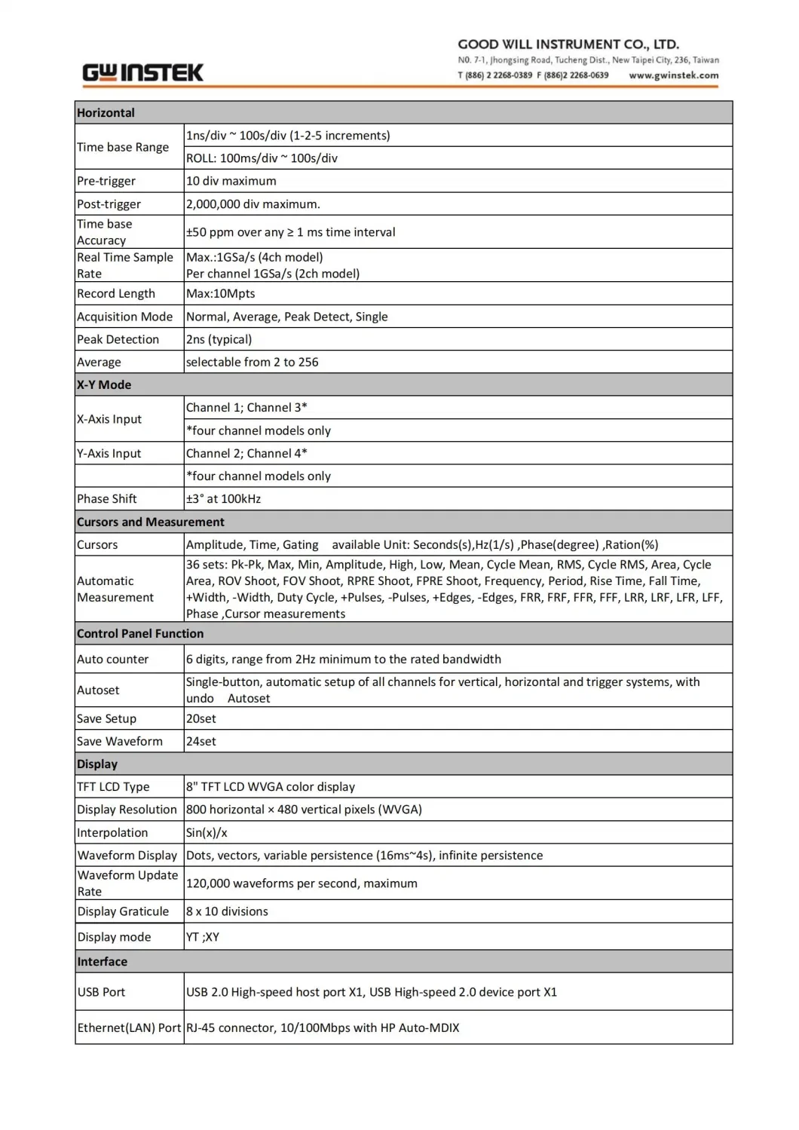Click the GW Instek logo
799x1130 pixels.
click(x=142, y=72)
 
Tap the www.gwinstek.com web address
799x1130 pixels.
click(x=673, y=75)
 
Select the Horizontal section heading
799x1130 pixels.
click(x=106, y=113)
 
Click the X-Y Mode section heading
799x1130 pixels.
click(x=104, y=384)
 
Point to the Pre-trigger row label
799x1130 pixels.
click(x=106, y=181)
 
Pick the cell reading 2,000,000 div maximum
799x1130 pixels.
click(x=253, y=204)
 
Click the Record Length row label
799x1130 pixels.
click(x=116, y=293)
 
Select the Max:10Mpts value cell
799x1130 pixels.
click(x=221, y=293)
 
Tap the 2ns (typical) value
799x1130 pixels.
click(x=219, y=339)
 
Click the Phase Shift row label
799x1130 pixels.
click(x=107, y=499)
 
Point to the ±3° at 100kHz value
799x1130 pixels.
click(x=224, y=499)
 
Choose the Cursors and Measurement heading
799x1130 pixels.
click(x=151, y=522)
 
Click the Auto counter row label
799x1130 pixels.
click(x=113, y=659)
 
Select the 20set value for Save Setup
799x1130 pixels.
click(x=201, y=718)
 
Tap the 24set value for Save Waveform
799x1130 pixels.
click(x=201, y=741)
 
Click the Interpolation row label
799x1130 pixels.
click(x=112, y=832)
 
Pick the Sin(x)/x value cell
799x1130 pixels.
click(x=207, y=832)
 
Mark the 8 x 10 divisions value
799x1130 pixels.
click(x=228, y=911)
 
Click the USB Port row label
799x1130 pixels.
click(x=102, y=992)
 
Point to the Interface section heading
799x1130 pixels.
click(x=103, y=962)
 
